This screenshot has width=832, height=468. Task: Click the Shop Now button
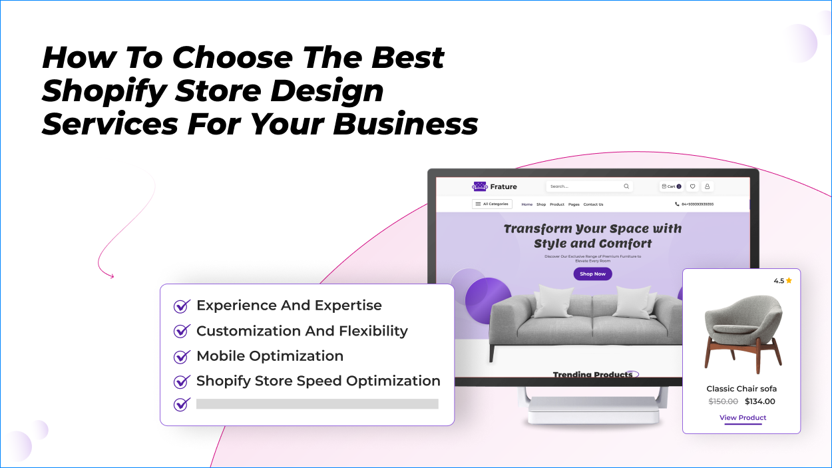click(x=592, y=274)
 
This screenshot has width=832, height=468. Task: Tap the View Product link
click(x=743, y=418)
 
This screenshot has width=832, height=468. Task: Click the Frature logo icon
click(x=480, y=186)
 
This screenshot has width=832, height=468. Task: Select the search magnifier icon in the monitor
click(x=626, y=186)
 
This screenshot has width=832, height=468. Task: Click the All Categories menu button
click(x=492, y=204)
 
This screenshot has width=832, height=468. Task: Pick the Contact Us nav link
click(x=593, y=204)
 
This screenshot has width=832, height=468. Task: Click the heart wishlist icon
click(x=692, y=186)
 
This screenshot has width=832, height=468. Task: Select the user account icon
click(x=708, y=186)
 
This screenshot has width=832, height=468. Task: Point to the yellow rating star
click(x=789, y=281)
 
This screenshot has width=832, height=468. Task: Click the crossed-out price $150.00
click(x=723, y=401)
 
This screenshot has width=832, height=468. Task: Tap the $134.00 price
click(x=760, y=401)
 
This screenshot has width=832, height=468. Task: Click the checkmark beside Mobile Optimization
click(x=182, y=357)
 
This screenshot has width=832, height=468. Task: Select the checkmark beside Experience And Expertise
click(x=182, y=306)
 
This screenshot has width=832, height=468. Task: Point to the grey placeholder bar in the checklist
click(x=317, y=403)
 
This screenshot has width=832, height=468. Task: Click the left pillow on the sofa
click(x=552, y=301)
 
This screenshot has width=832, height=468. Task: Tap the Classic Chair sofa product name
click(x=741, y=389)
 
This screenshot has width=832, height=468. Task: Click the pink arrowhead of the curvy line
click(x=111, y=276)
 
